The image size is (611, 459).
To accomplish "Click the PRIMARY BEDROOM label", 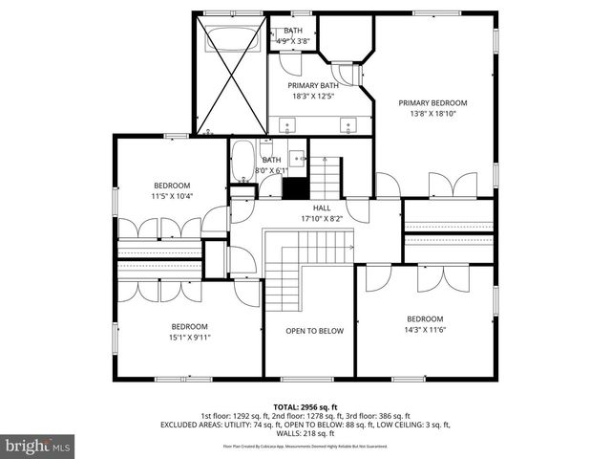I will [432, 103].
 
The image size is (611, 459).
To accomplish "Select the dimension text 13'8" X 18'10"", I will [432, 114].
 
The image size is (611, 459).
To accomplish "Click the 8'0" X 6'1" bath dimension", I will [271, 171].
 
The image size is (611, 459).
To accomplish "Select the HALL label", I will [322, 208].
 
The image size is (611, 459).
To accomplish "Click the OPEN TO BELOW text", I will [314, 331].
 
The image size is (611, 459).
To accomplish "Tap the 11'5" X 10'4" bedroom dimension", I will [173, 196].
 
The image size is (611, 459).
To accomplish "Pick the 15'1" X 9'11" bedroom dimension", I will [191, 337].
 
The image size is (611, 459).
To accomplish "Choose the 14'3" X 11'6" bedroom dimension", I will [425, 330].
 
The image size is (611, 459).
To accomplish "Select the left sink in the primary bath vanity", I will [288, 125].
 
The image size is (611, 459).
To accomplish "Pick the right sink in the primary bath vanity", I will [350, 125].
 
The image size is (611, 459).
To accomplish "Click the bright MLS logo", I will [38, 446].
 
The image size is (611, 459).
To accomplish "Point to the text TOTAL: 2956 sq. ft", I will [305, 406].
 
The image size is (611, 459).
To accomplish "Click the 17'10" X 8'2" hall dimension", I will [322, 218].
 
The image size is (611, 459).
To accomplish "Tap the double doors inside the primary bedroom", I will [452, 186].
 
